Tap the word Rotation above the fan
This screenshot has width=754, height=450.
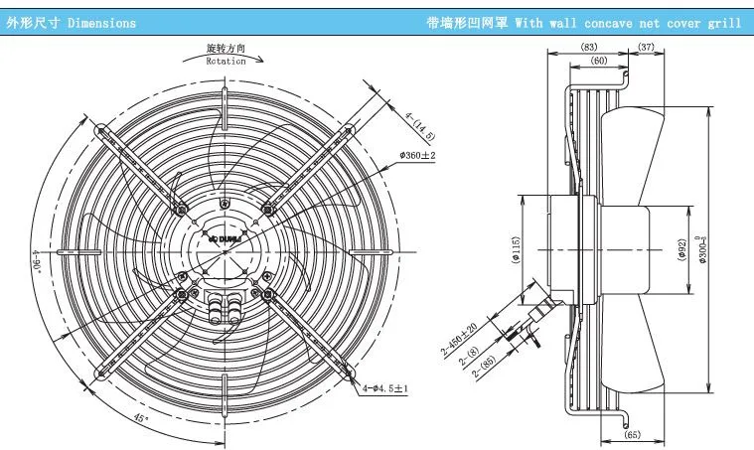[x=226, y=61]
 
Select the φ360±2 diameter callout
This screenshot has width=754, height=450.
[x=417, y=156]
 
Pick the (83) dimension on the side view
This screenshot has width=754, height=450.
[x=590, y=48]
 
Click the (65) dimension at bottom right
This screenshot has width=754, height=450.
[x=632, y=435]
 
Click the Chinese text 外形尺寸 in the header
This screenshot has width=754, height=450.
[x=27, y=22]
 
